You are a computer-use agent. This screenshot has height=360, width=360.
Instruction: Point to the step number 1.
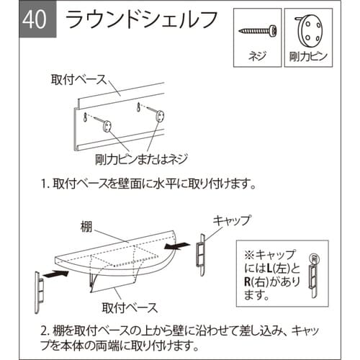[x=45, y=183]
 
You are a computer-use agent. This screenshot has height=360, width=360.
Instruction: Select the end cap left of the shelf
[x=42, y=289]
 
